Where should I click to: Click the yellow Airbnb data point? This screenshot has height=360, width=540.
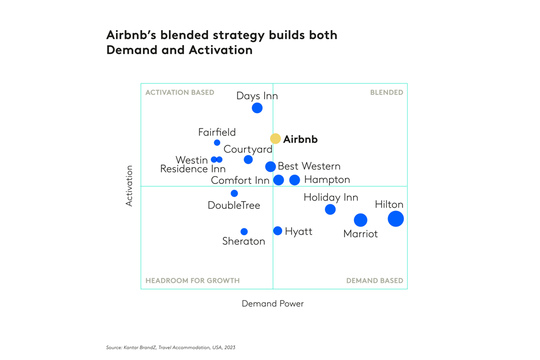click(275, 139)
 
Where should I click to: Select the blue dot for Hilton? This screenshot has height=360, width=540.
click(396, 218)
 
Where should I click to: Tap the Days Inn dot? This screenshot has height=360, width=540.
click(257, 108)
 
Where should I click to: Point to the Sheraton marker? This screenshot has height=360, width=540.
click(244, 231)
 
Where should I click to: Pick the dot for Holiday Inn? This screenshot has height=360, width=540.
click(330, 209)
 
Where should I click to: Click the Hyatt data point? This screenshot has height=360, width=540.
click(278, 231)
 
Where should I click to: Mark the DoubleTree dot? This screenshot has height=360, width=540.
click(234, 193)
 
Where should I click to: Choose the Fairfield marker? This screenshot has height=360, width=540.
click(217, 143)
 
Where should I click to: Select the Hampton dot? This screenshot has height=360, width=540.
click(295, 180)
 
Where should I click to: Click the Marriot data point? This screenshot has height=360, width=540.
click(360, 220)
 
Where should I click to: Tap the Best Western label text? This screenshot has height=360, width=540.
click(309, 166)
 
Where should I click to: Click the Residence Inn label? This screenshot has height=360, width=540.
click(193, 169)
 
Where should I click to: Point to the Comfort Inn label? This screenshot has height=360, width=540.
click(240, 180)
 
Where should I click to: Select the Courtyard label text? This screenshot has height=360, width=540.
click(247, 149)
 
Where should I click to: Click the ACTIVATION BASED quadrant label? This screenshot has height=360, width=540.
click(180, 92)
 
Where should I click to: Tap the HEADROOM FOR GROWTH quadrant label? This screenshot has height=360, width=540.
click(192, 281)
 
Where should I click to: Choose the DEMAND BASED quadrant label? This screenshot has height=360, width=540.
click(375, 281)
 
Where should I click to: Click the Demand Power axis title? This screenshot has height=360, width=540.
click(272, 304)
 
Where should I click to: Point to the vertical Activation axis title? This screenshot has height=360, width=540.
click(129, 185)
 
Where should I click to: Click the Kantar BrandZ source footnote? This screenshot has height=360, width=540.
click(170, 347)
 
